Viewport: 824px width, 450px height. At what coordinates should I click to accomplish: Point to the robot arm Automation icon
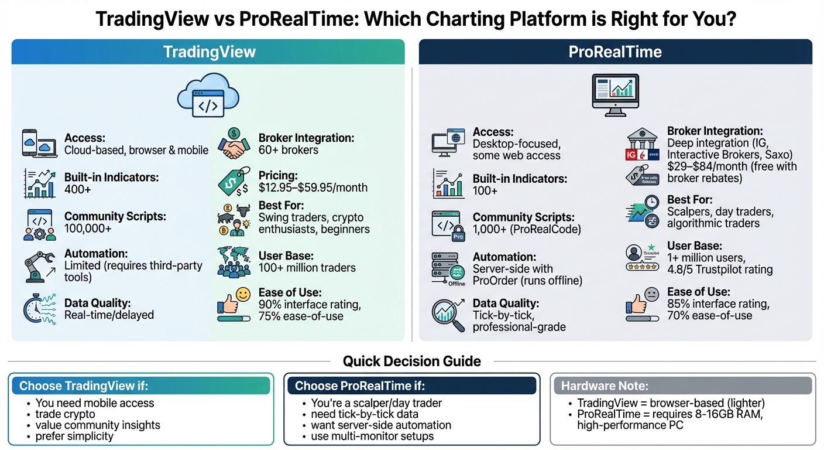[x=39, y=265]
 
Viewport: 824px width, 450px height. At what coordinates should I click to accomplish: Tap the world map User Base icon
[x=234, y=261]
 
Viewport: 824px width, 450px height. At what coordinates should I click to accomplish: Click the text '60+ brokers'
[x=289, y=150]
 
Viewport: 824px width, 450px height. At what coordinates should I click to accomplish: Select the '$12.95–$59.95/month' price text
[x=313, y=187]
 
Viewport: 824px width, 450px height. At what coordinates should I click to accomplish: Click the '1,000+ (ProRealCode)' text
[x=527, y=229]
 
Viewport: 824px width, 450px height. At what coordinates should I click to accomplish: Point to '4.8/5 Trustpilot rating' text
[x=720, y=270]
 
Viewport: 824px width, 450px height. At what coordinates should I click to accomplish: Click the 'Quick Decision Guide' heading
[x=412, y=361]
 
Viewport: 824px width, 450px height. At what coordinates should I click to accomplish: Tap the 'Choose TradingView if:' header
[x=84, y=386]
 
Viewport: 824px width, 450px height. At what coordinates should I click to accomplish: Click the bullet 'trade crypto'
[x=65, y=414]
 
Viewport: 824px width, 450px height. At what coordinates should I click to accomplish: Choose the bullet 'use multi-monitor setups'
[x=373, y=436]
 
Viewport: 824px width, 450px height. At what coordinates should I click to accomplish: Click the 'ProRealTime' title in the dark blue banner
[x=615, y=52]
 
